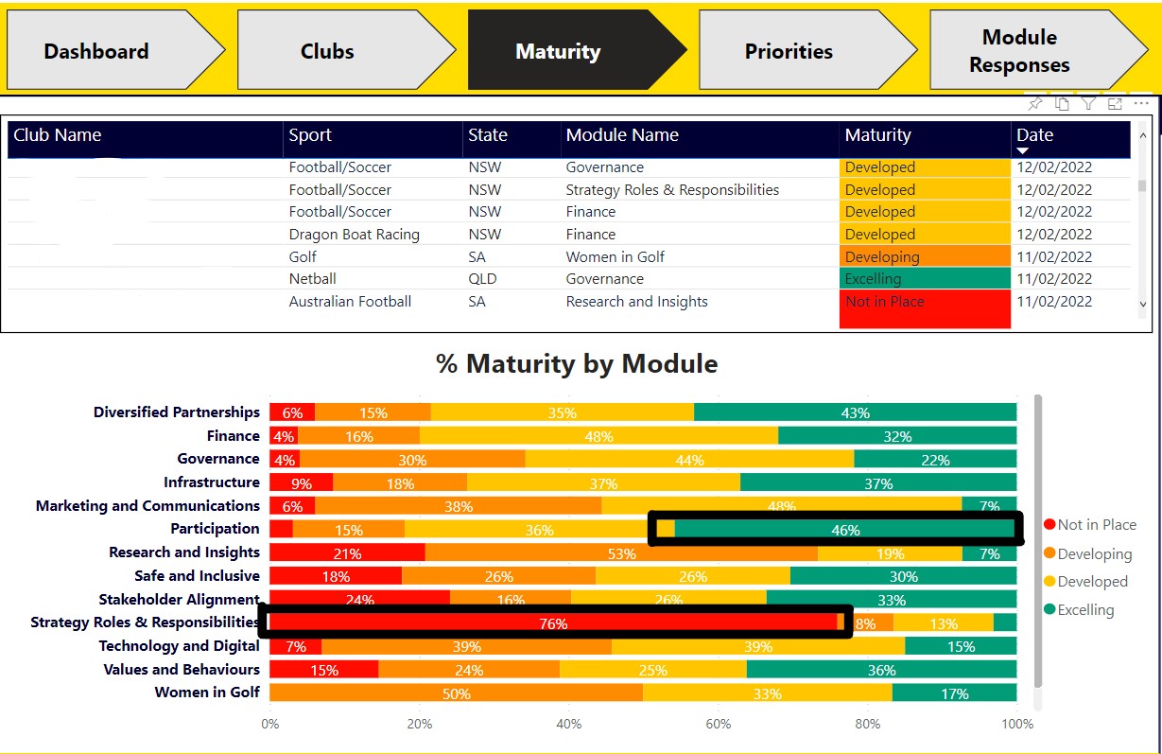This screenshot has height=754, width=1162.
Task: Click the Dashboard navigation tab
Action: pyautogui.click(x=96, y=51)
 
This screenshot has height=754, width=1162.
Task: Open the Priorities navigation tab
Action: pyautogui.click(x=789, y=51)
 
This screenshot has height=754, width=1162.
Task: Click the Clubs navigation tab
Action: pyautogui.click(x=327, y=51)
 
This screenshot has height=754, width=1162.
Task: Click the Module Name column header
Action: pyautogui.click(x=622, y=135)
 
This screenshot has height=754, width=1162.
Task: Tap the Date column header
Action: pyautogui.click(x=1034, y=135)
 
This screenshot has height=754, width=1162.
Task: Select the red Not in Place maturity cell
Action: pyautogui.click(x=924, y=308)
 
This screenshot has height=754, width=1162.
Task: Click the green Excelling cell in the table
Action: pyautogui.click(x=924, y=279)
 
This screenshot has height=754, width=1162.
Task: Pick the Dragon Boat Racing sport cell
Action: pyautogui.click(x=354, y=235)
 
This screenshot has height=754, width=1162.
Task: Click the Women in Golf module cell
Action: pyautogui.click(x=615, y=256)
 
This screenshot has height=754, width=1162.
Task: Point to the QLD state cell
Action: pyautogui.click(x=484, y=279)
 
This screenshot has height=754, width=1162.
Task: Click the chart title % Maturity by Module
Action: pyautogui.click(x=576, y=363)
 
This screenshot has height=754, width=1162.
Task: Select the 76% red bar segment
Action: pyautogui.click(x=553, y=622)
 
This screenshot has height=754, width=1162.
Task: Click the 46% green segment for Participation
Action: pyautogui.click(x=845, y=530)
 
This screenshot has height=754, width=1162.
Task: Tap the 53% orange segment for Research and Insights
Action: pyautogui.click(x=621, y=552)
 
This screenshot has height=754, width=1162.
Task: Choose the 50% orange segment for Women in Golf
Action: pyautogui.click(x=456, y=693)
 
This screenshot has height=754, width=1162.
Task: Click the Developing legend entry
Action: pyautogui.click(x=1093, y=553)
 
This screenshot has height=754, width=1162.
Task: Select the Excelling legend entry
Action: pyautogui.click(x=1084, y=610)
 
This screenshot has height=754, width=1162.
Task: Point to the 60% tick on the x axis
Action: pyautogui.click(x=719, y=725)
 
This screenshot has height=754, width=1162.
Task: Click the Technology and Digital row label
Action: pyautogui.click(x=179, y=646)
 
